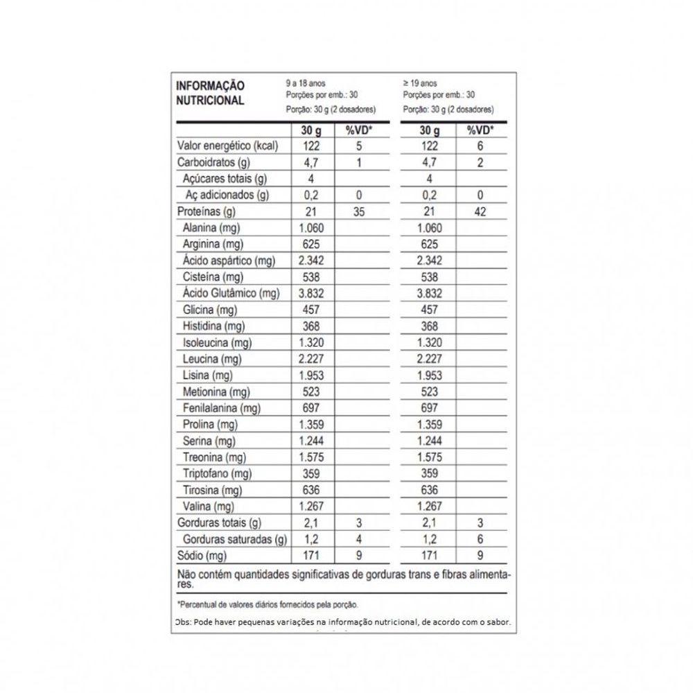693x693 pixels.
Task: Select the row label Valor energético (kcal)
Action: pyautogui.click(x=227, y=146)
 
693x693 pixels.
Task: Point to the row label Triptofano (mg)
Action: pyautogui.click(x=217, y=474)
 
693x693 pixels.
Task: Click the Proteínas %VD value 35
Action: pyautogui.click(x=358, y=212)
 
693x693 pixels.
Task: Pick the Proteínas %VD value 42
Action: pyautogui.click(x=480, y=212)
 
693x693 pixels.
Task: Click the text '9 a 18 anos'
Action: pyautogui.click(x=305, y=83)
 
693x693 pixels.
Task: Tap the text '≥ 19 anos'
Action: pyautogui.click(x=419, y=83)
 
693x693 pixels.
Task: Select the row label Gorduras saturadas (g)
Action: pyautogui.click(x=235, y=539)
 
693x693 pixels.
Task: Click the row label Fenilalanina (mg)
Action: pyautogui.click(x=221, y=408)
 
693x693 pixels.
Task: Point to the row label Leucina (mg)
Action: pyautogui.click(x=211, y=359)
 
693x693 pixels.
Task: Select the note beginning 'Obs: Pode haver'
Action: pyautogui.click(x=343, y=622)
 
